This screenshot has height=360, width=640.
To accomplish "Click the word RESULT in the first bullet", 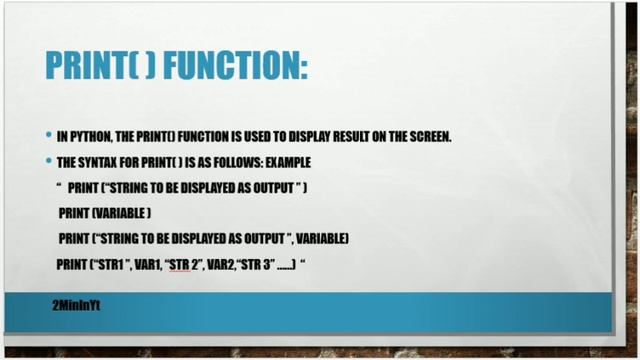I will [329, 137].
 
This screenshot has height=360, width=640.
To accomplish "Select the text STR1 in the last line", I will [110, 265].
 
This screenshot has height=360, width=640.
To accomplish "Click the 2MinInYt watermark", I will [76, 303].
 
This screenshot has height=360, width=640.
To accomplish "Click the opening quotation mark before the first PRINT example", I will [60, 186].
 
